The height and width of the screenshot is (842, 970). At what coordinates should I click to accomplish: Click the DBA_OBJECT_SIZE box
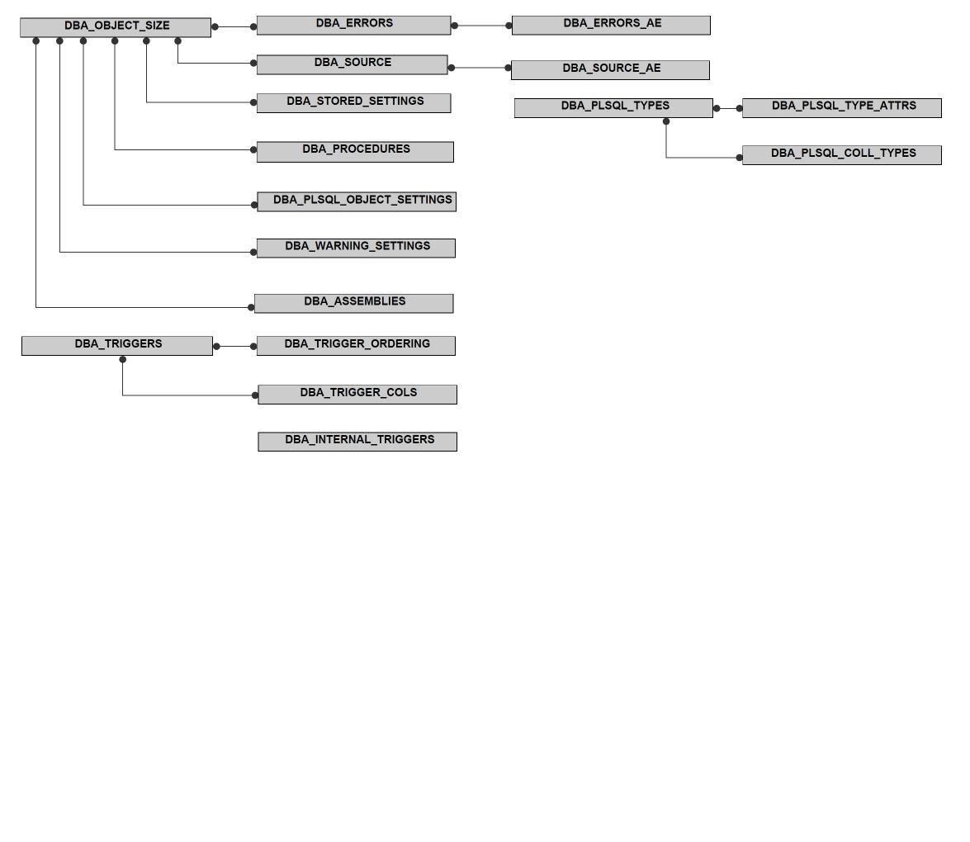point(116,27)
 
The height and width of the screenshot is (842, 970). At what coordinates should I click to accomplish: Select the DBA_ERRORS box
point(354,26)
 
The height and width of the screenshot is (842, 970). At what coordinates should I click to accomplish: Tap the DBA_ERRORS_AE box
point(611,26)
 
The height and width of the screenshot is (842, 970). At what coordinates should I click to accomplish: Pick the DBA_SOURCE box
point(352,64)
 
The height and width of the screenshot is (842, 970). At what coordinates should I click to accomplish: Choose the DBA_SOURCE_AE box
point(611,70)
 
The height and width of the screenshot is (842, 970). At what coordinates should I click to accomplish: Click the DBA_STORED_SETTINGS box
point(354,102)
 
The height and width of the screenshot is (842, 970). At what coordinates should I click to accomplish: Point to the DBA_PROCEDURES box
point(355,152)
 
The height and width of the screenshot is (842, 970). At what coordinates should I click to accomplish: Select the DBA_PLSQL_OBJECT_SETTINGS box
point(357,201)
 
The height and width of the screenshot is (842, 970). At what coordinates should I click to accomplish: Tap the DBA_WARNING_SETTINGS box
point(357,248)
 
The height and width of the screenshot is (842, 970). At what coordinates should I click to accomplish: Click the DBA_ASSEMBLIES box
point(354,303)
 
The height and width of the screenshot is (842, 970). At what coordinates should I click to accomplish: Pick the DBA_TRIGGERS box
point(117,346)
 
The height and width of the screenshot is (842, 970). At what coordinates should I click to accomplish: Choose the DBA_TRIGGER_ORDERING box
point(357,346)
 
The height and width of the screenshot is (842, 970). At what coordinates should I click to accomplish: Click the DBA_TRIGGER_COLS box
point(357,394)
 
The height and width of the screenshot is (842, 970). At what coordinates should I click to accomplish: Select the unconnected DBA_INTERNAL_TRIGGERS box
point(357,442)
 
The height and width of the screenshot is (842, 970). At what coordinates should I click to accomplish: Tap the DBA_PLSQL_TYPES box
point(613,107)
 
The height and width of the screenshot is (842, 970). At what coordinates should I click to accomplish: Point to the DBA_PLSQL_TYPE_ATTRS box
point(842,107)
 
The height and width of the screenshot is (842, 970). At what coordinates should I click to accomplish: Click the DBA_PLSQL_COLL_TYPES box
point(842,154)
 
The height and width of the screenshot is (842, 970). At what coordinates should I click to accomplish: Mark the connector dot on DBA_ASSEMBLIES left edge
point(251,307)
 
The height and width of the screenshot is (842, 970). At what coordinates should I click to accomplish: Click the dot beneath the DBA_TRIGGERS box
point(122,359)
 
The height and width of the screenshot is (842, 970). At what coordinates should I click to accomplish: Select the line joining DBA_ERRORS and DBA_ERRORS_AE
point(482,26)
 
